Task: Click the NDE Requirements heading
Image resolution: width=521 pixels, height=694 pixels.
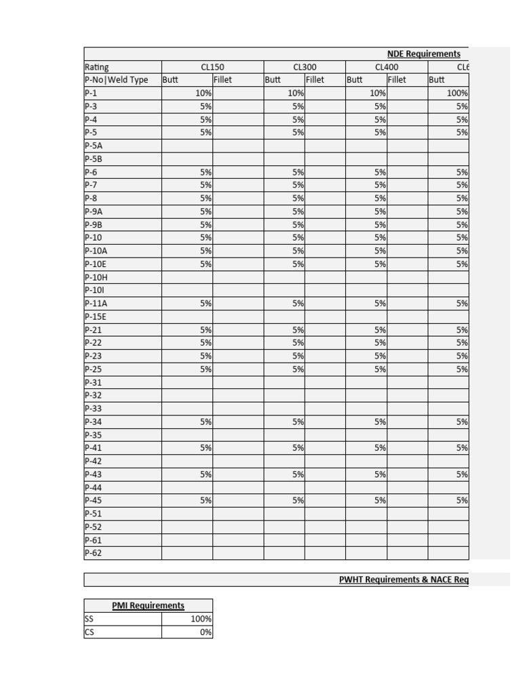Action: point(423,54)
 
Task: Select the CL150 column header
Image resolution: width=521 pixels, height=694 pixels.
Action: point(212,67)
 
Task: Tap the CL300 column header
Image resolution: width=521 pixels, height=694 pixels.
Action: point(305,67)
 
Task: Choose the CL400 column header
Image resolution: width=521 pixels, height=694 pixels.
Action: point(387,67)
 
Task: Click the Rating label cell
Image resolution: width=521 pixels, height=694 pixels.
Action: point(97,67)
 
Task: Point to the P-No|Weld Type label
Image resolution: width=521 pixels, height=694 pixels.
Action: point(117,80)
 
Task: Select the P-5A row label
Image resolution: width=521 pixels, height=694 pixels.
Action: point(94,146)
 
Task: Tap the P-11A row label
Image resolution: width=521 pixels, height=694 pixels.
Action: point(96,304)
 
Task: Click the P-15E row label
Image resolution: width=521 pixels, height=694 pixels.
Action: point(96,317)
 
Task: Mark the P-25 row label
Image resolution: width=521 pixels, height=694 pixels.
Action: point(94,369)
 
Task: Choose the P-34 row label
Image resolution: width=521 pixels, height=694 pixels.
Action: point(94,422)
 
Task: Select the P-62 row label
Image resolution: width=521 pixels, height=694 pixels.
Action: point(94,553)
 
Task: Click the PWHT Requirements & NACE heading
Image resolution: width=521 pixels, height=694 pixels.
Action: point(404,579)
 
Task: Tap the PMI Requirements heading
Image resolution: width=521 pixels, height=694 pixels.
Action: point(148,605)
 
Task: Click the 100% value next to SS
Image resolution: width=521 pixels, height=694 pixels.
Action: point(201,619)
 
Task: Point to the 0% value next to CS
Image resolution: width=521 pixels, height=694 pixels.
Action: point(206,632)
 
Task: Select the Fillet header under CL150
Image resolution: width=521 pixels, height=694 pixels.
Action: point(223,80)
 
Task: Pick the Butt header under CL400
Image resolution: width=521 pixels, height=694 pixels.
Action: point(355,80)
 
